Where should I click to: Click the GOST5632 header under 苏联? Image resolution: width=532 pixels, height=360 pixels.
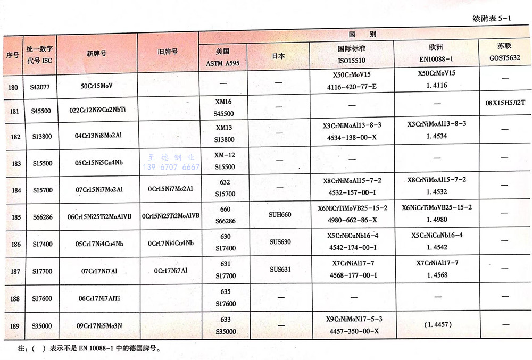504,59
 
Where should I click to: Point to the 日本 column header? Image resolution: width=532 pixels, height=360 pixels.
278,56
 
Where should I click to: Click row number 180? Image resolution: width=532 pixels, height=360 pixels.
14,85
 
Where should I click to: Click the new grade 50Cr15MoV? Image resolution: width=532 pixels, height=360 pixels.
97,85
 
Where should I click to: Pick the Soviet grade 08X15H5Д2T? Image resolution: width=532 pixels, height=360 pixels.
505,102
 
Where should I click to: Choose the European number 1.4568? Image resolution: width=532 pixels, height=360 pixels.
437,275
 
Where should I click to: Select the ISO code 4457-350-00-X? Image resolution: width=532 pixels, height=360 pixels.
352,331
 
